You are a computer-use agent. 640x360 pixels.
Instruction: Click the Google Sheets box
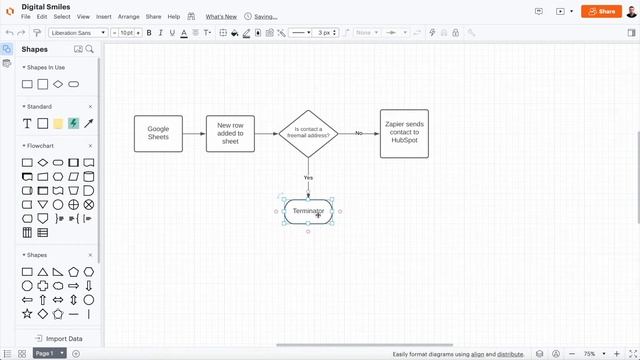pyautogui.click(x=158, y=133)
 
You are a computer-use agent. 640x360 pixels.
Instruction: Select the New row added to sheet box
pyautogui.click(x=230, y=133)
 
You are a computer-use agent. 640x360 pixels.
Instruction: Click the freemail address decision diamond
pyautogui.click(x=308, y=133)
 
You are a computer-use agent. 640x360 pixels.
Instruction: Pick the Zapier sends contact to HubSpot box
pyautogui.click(x=404, y=133)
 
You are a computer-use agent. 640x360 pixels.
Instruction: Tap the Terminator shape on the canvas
pyautogui.click(x=308, y=211)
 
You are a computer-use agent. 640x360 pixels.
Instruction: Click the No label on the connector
pyautogui.click(x=359, y=133)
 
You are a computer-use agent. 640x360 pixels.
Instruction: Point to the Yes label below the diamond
pyautogui.click(x=308, y=177)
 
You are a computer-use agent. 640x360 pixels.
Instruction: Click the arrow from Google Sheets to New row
pyautogui.click(x=194, y=133)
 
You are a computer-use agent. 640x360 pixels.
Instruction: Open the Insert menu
pyautogui.click(x=104, y=17)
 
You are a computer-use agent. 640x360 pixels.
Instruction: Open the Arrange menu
pyautogui.click(x=128, y=17)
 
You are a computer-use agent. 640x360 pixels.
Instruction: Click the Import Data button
pyautogui.click(x=58, y=339)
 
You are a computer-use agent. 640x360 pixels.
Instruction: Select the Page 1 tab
pyautogui.click(x=45, y=353)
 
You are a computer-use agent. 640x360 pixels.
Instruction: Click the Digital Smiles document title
pyautogui.click(x=45, y=6)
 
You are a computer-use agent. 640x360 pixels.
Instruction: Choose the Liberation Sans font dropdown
pyautogui.click(x=78, y=33)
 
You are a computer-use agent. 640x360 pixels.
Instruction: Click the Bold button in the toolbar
pyautogui.click(x=148, y=33)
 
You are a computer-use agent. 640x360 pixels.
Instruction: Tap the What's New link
pyautogui.click(x=221, y=17)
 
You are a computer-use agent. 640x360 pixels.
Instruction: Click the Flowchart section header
pyautogui.click(x=40, y=146)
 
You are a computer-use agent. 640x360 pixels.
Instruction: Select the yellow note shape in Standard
pyautogui.click(x=58, y=124)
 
